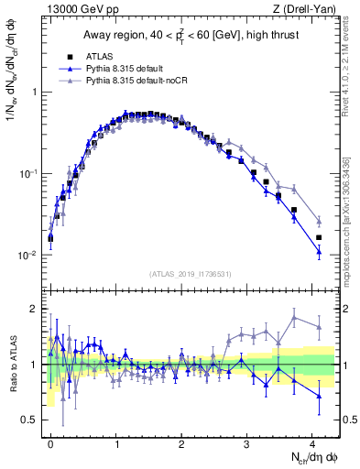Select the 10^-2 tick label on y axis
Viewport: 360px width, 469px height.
tap(27, 256)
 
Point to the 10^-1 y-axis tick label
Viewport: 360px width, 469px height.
tap(27, 174)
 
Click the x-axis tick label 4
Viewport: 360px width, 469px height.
tap(312, 442)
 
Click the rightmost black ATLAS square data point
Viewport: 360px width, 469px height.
tap(319, 238)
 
